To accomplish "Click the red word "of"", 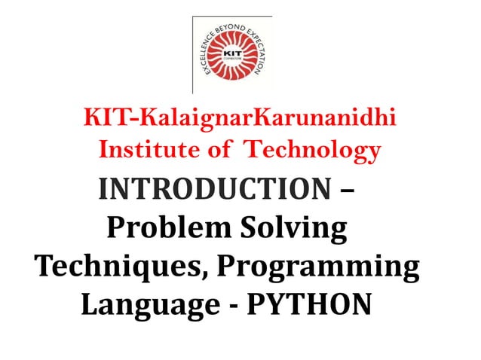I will point(220,150).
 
